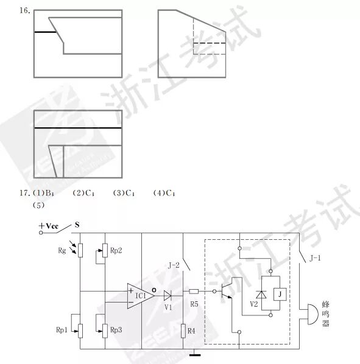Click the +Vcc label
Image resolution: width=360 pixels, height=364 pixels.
tap(48, 226)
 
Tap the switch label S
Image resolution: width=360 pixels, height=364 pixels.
tap(77, 225)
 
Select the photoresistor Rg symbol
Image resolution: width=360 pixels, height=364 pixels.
tap(80, 251)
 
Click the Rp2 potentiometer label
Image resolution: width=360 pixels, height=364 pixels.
tap(116, 251)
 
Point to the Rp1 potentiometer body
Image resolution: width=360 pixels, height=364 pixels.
tap(80, 331)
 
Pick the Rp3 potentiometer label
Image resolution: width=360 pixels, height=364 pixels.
tap(116, 330)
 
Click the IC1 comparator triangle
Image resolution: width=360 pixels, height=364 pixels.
tap(140, 296)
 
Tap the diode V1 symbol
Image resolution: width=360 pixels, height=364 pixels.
tap(168, 296)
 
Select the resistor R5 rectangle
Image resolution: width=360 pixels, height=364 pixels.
tap(194, 292)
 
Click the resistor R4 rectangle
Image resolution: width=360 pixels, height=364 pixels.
tap(183, 331)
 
